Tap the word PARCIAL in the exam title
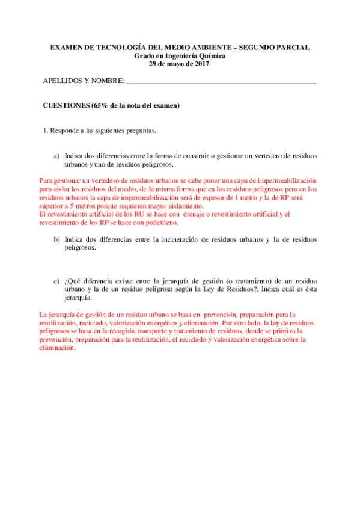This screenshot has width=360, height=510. (290, 48)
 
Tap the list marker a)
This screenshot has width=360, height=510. (57, 155)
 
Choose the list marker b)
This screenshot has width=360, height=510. (57, 239)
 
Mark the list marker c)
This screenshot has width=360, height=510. (57, 281)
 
